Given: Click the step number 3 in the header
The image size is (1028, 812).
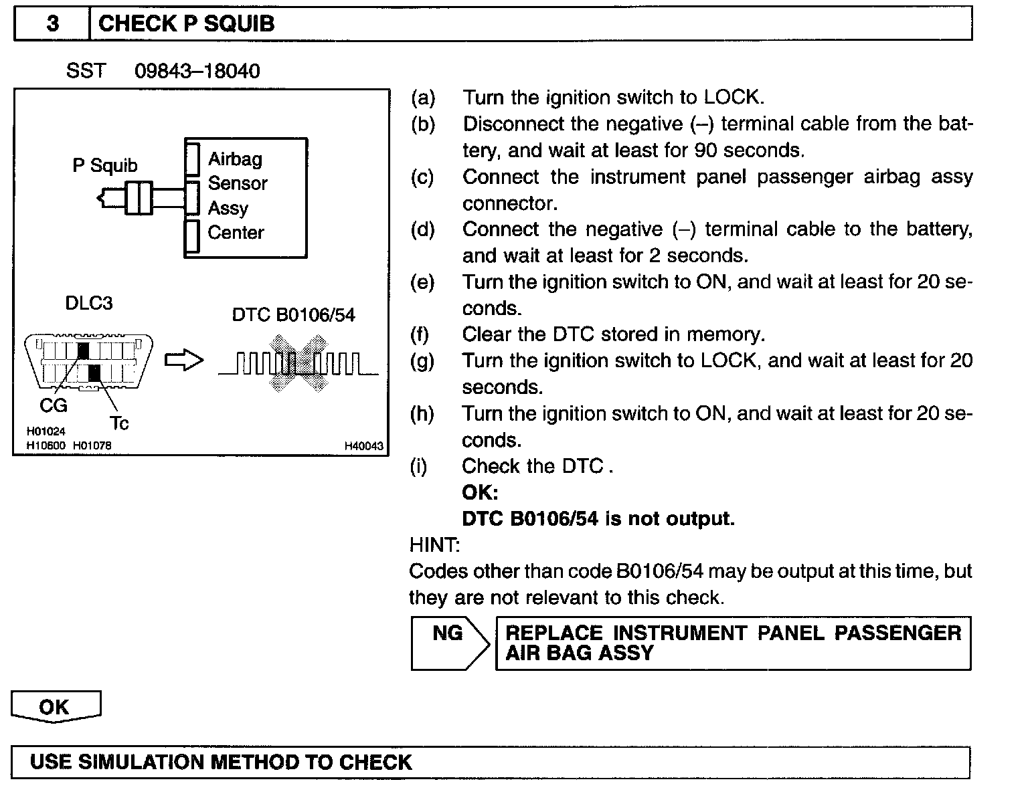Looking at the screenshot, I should click(x=52, y=24).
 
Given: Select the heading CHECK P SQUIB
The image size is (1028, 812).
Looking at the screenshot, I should click(x=186, y=24).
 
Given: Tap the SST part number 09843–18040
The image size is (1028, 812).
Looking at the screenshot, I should click(x=197, y=71).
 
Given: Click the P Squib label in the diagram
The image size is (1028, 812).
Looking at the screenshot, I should click(x=105, y=165).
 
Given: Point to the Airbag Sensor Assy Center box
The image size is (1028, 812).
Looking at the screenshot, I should click(x=246, y=197).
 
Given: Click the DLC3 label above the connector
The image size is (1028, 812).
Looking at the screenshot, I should click(x=88, y=303).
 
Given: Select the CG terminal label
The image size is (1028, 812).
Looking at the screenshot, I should click(x=54, y=405).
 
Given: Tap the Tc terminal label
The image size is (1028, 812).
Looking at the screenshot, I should click(x=119, y=423).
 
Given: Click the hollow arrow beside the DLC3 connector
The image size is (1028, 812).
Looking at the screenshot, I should click(x=183, y=361).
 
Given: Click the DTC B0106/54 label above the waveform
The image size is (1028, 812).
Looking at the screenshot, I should click(x=293, y=315).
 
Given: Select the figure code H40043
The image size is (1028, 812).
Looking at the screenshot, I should click(x=364, y=445).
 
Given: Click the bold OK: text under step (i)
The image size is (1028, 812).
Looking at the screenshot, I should click(x=480, y=493).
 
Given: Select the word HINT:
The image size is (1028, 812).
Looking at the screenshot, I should click(x=434, y=545).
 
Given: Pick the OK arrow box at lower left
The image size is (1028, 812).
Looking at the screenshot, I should click(x=55, y=708).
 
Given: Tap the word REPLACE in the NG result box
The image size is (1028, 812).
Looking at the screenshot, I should click(x=554, y=633).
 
